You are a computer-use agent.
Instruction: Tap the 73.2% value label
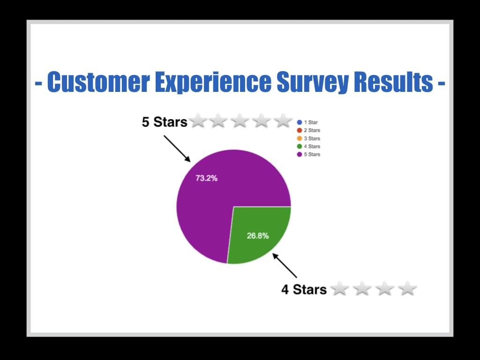click(207, 178)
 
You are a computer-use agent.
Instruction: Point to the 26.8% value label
click(258, 236)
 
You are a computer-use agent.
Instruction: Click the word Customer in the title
click(98, 82)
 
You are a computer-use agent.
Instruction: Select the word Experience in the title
click(213, 82)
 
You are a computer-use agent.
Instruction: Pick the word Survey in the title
click(313, 82)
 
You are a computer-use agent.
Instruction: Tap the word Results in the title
click(393, 82)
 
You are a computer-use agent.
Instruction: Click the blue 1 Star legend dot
click(300, 122)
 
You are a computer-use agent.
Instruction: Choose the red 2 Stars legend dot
click(300, 130)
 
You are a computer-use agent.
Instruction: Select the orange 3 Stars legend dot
click(300, 138)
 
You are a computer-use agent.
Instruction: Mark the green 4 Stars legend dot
click(300, 146)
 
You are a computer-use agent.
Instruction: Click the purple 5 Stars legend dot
click(300, 154)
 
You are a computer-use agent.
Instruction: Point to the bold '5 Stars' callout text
click(165, 122)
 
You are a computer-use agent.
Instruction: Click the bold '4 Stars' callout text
click(304, 289)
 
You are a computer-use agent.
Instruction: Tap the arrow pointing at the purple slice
click(177, 149)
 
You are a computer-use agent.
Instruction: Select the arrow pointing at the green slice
click(285, 265)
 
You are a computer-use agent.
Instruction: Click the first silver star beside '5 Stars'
click(198, 120)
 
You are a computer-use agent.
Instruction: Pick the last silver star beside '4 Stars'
click(407, 288)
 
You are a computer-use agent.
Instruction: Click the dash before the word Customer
click(38, 83)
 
